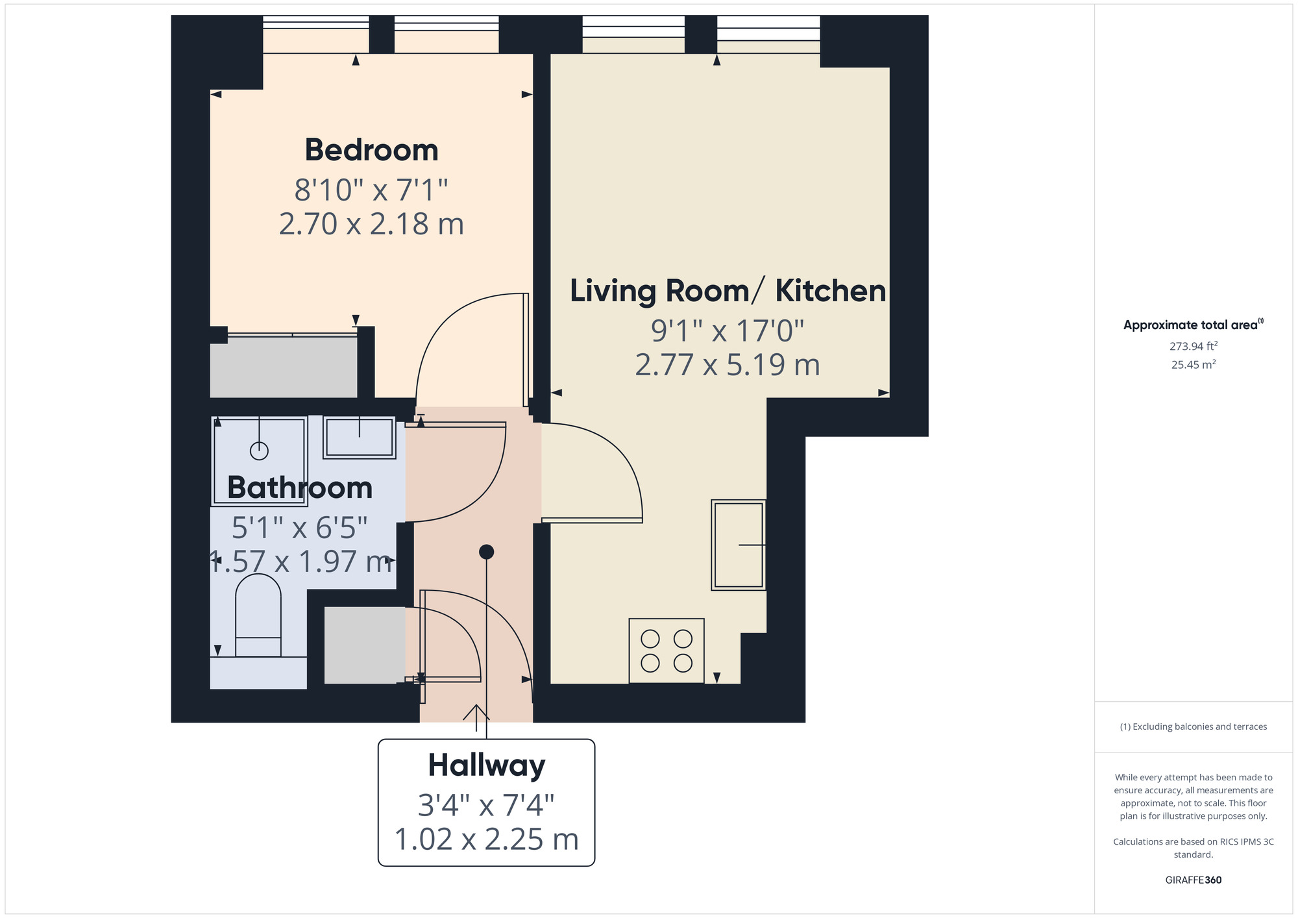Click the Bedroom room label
(372, 150)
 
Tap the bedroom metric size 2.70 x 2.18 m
(372, 224)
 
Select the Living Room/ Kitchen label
(728, 291)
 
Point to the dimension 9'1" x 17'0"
(728, 331)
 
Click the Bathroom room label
(300, 488)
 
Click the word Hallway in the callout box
(487, 765)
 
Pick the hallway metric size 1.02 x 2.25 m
(487, 839)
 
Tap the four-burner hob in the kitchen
(667, 651)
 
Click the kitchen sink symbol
(739, 545)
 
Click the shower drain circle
(259, 451)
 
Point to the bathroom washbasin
(360, 438)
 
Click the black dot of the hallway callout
(487, 552)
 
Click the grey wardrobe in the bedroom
(284, 367)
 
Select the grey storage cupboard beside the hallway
(365, 645)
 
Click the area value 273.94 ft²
(1194, 346)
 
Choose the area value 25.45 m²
(1194, 364)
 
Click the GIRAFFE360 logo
(1194, 880)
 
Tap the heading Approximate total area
(1194, 325)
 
